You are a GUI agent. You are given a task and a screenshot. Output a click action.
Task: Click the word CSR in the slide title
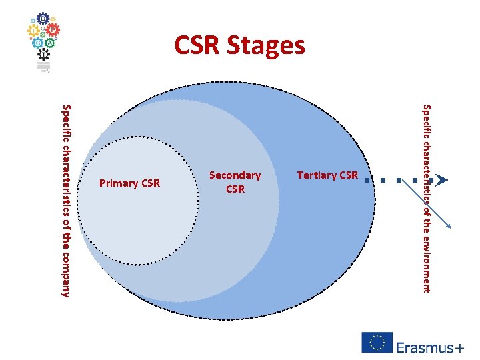[x=197, y=46]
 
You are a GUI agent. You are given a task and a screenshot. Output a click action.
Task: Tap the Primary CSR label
[x=129, y=183]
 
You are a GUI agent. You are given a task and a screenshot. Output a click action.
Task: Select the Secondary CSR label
[x=235, y=182]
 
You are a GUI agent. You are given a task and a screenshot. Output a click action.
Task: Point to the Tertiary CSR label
[x=327, y=175]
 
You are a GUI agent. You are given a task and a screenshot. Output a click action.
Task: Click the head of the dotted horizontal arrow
[x=439, y=179]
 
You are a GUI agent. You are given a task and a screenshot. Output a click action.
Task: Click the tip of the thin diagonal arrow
[x=453, y=230]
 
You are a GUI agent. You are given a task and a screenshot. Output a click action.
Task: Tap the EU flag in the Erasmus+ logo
[x=377, y=342]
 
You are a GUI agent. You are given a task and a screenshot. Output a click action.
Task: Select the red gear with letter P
[x=51, y=30]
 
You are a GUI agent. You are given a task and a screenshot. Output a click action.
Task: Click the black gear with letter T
[x=44, y=55]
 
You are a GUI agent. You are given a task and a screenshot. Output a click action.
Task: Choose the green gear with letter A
[x=50, y=43]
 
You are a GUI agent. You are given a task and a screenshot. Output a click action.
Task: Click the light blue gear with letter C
[x=38, y=43]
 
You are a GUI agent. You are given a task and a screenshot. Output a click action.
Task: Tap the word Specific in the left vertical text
[x=65, y=121]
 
